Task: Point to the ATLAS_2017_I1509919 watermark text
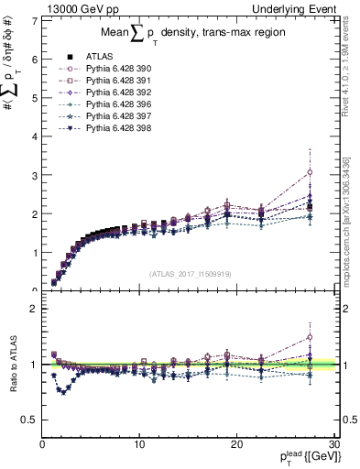[191, 272]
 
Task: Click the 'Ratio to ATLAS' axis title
[14, 365]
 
